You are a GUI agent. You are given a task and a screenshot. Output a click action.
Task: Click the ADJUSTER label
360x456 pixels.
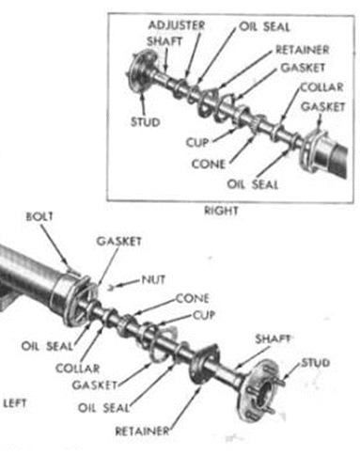(x=177, y=25)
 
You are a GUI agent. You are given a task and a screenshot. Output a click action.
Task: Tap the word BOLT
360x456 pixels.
(x=39, y=216)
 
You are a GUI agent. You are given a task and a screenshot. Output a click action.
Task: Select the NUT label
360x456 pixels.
(x=153, y=279)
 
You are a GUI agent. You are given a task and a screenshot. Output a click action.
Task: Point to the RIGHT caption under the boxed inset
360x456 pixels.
(x=221, y=211)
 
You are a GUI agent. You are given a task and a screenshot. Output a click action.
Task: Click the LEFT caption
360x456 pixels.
(x=15, y=403)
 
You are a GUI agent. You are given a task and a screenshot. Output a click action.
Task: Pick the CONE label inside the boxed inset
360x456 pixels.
(x=209, y=164)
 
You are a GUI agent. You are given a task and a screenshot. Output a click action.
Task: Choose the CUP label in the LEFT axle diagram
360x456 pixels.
(x=204, y=315)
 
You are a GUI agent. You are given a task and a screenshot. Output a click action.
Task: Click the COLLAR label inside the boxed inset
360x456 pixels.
(x=322, y=87)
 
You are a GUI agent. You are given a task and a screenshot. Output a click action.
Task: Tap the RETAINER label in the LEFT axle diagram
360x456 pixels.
(x=142, y=432)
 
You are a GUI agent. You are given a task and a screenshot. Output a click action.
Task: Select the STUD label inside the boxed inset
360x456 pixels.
(x=146, y=122)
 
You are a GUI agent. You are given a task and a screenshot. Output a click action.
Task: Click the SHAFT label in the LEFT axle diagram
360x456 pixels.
(x=273, y=338)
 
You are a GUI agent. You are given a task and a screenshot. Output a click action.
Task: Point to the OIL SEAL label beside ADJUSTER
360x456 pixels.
(x=264, y=27)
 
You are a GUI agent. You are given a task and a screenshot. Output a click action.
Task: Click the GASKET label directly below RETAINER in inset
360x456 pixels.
(x=303, y=68)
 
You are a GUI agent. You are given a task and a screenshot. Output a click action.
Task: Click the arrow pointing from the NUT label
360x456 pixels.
(x=124, y=284)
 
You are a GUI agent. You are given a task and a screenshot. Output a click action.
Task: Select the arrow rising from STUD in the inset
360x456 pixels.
(x=143, y=104)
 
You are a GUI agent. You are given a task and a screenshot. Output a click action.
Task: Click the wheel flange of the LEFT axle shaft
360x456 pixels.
(x=258, y=390)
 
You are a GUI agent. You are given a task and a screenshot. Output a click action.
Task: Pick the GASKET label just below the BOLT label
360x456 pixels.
(x=118, y=242)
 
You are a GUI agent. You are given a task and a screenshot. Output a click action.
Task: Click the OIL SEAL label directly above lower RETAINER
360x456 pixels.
(x=103, y=408)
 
